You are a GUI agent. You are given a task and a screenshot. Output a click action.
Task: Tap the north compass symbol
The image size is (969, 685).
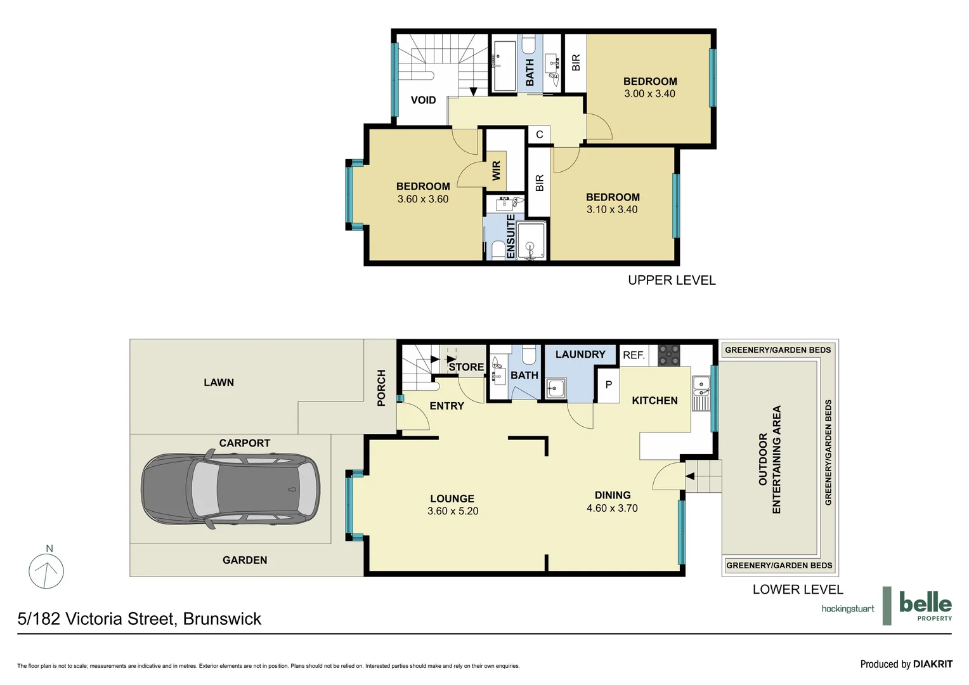46,570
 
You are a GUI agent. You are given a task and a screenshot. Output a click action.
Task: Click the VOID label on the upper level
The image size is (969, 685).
423,100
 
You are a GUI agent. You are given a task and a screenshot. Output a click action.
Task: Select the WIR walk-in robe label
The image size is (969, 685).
497,170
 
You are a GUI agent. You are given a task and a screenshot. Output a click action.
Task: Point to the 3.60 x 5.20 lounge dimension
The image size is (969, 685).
452,511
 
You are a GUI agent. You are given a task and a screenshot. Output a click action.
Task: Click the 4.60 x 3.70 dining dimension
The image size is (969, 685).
612,508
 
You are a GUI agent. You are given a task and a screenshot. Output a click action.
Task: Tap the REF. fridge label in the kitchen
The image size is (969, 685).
634,355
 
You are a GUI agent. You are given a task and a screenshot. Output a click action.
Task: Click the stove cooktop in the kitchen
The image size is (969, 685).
668,355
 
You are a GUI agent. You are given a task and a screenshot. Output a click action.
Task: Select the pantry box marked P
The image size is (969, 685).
609,385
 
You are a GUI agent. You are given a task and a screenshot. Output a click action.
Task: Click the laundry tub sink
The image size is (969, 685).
557,388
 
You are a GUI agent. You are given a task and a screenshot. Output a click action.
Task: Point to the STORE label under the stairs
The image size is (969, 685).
466,367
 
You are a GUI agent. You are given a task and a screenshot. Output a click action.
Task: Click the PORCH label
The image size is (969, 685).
381,388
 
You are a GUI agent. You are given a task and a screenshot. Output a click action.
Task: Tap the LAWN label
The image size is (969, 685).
219,382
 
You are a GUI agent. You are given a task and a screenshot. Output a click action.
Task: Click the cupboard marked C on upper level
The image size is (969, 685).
540,134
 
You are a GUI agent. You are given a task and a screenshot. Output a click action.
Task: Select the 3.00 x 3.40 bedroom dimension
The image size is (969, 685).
649,94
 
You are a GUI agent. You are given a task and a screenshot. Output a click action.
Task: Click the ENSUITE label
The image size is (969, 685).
511,236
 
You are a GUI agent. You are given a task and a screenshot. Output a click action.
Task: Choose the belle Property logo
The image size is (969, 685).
925,605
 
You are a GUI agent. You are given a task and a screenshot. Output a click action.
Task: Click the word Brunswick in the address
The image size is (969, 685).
222,619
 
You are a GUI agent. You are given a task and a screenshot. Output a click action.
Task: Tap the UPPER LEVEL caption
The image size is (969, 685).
672,280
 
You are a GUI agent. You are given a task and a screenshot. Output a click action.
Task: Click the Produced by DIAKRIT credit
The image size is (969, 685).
906,664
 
